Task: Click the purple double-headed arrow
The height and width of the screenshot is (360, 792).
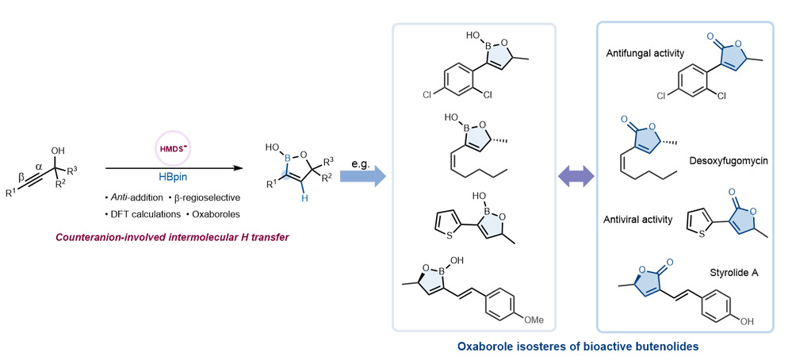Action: coord(575,174)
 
